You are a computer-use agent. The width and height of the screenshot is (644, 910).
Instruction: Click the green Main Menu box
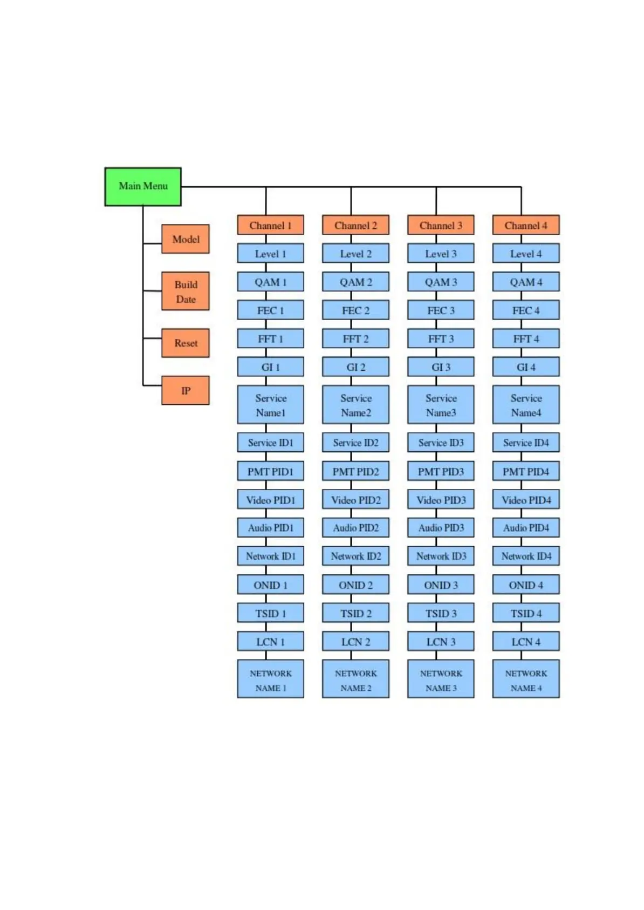pos(143,186)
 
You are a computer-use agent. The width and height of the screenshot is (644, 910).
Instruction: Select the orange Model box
pos(186,239)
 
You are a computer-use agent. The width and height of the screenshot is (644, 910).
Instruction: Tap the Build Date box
pos(186,291)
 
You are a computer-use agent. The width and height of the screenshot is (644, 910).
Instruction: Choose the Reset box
pos(186,343)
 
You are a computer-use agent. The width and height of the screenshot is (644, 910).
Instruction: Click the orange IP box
pos(186,390)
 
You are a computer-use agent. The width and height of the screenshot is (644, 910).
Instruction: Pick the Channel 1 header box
pos(270,225)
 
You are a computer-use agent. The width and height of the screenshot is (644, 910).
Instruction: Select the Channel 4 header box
pos(526,225)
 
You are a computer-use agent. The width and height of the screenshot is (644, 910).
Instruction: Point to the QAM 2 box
pos(355,282)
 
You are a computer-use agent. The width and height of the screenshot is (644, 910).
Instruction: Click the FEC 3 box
pos(441,310)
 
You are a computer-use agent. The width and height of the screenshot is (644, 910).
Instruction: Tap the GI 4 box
pos(526,367)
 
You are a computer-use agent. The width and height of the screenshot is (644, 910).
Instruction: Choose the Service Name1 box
pos(270,405)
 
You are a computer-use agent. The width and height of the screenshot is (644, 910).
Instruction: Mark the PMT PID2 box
pos(355,471)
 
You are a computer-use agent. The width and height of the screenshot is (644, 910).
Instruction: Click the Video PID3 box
pos(441,500)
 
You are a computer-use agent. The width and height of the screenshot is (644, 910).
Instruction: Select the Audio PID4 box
pos(526,528)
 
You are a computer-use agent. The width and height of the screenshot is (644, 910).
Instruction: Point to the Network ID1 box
pos(270,556)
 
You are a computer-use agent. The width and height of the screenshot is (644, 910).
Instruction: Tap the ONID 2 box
pos(355,585)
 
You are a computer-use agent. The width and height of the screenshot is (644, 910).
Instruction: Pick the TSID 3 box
pos(441,613)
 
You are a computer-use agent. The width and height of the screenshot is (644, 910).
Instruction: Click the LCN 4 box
pos(526,642)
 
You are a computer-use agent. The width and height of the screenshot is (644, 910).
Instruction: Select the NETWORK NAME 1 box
pos(270,679)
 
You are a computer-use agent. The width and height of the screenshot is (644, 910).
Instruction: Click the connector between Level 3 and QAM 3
pos(436,267)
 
